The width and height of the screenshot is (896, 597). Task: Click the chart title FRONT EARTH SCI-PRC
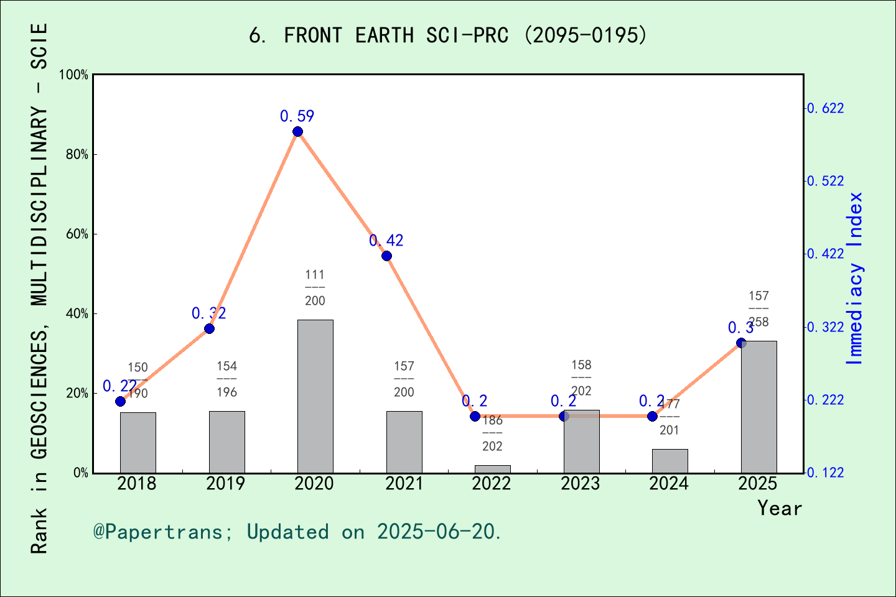point(448,35)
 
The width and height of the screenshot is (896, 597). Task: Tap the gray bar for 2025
point(758,407)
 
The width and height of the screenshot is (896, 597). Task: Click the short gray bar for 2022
point(492,469)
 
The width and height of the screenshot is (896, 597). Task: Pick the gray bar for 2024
point(670,461)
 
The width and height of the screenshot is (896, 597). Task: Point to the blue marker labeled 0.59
point(297,132)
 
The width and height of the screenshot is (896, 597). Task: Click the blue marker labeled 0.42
point(386,256)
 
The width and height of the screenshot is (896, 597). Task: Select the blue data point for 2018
point(121,401)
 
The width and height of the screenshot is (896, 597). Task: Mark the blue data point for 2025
point(741,343)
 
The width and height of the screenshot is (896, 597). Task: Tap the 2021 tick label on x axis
point(404,484)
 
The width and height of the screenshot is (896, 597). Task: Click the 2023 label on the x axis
point(581,484)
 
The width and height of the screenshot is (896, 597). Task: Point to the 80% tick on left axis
point(77,155)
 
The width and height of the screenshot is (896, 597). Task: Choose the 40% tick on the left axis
point(77,314)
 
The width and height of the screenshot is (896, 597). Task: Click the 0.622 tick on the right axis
point(826,109)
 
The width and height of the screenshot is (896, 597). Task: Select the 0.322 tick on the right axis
point(826,327)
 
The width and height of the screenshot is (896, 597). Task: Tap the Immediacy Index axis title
point(855,278)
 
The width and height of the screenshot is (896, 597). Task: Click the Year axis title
point(779,509)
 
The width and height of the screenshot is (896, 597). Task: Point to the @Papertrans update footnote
point(297,532)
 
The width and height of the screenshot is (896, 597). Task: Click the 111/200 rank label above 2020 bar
point(315,287)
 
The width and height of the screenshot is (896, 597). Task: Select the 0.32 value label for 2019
point(208,313)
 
